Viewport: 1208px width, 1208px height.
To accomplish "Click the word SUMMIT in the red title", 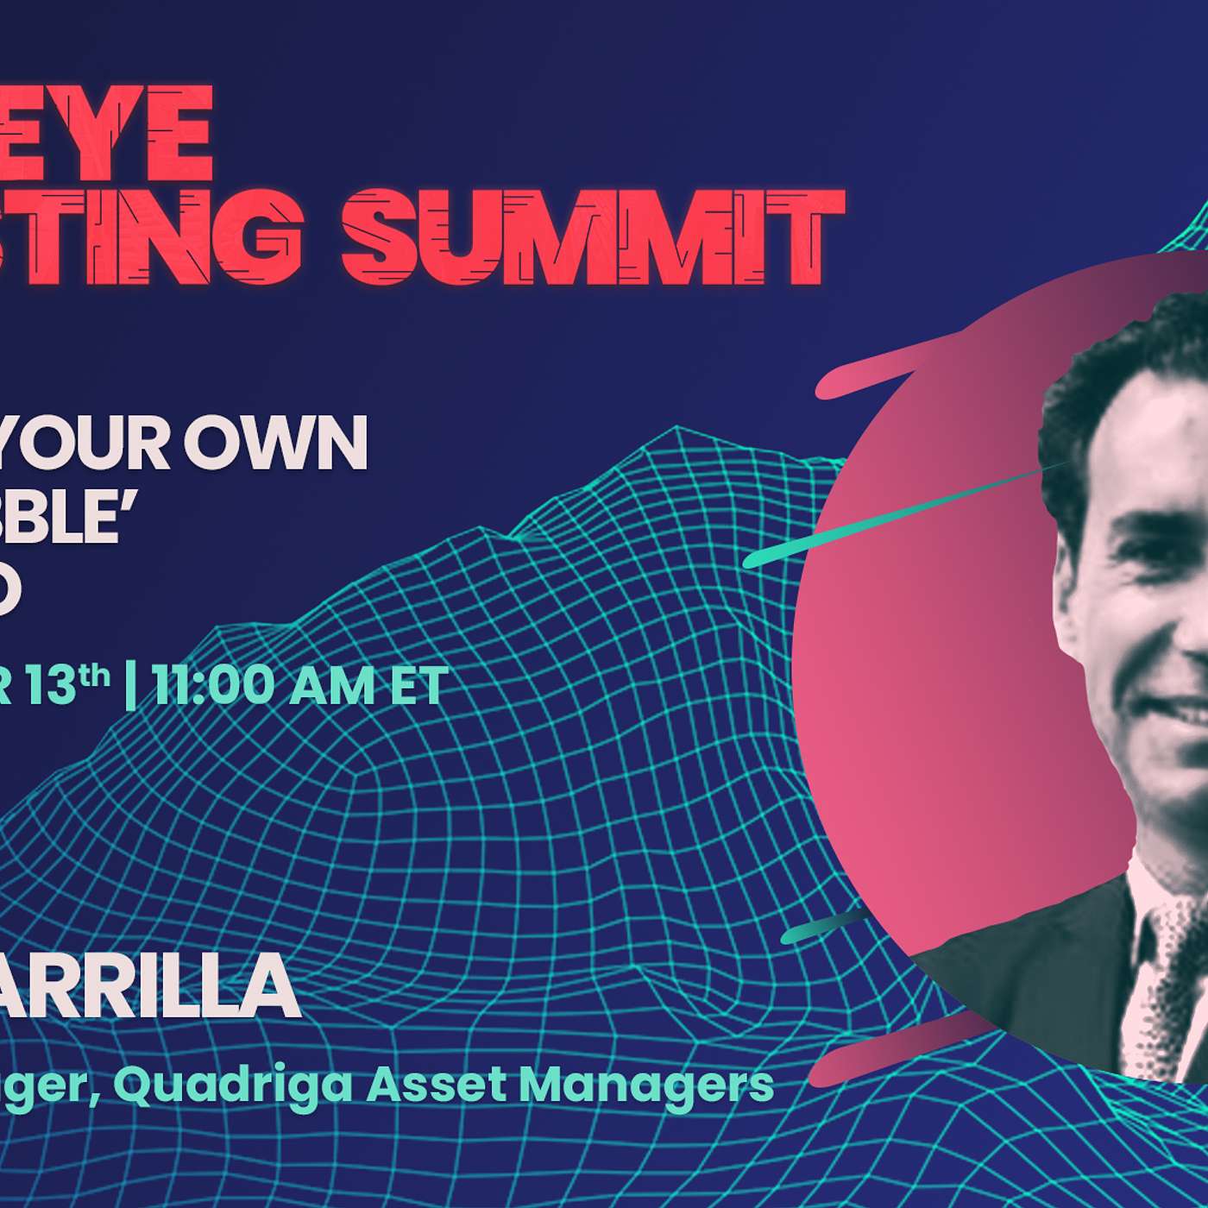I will pos(593,235).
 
